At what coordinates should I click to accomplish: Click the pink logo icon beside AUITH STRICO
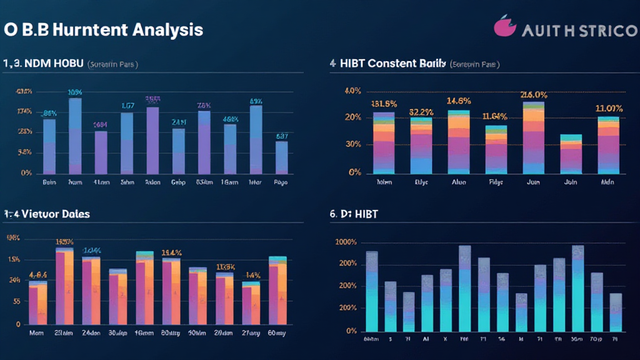coord(504,27)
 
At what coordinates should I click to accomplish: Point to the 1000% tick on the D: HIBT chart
coord(346,242)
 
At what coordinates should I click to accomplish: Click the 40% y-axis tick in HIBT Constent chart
coord(352,91)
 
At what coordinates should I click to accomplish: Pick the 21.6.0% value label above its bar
coord(534,95)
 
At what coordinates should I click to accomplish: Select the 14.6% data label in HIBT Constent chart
coord(459,101)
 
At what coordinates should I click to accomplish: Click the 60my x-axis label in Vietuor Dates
coord(277,333)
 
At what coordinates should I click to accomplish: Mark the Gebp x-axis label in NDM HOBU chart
coord(179,183)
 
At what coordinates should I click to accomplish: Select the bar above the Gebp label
coord(179,151)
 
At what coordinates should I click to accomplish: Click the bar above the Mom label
coord(37,302)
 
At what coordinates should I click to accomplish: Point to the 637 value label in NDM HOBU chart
coord(282,136)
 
